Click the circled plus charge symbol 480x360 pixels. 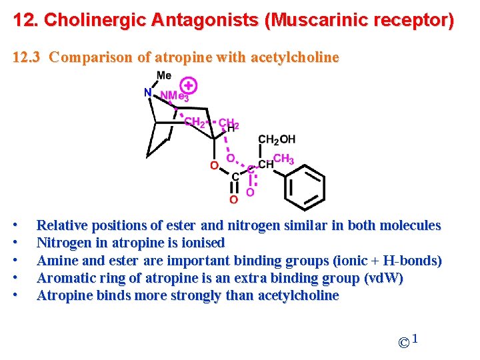[189, 85]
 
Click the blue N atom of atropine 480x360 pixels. [147, 93]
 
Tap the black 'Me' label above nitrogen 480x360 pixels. [163, 75]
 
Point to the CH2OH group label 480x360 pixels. [276, 139]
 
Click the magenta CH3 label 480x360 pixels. [283, 159]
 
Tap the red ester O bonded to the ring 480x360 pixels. [213, 165]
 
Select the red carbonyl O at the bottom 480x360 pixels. [233, 199]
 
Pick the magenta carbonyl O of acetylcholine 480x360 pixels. [250, 192]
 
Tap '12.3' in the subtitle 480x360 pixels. [27, 57]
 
